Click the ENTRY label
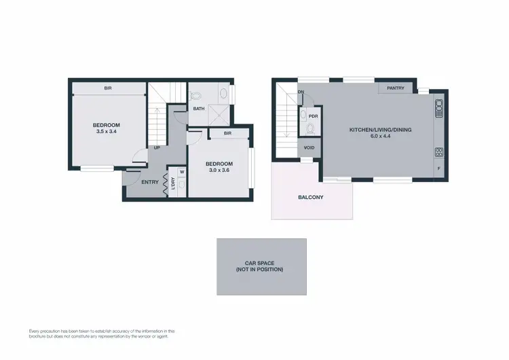[149, 181]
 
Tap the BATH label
[199, 109]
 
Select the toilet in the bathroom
[195, 95]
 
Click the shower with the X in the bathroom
[219, 113]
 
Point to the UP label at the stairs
[157, 147]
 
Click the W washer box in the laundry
[181, 172]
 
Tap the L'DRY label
[173, 184]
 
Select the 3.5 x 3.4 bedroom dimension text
[107, 132]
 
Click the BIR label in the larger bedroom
[108, 88]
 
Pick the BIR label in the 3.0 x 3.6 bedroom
[227, 134]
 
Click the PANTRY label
[396, 88]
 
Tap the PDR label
[313, 116]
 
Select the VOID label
[309, 147]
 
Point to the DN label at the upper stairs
[301, 92]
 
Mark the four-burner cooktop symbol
[438, 151]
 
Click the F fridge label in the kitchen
[438, 168]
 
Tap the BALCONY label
[310, 198]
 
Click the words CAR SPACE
[261, 262]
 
